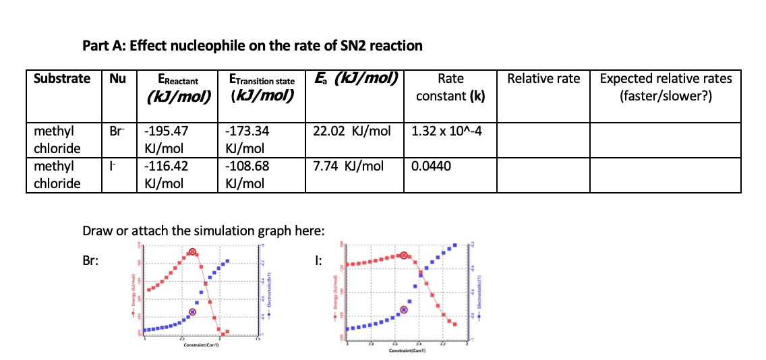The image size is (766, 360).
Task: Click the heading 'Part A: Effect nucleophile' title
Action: click(252, 46)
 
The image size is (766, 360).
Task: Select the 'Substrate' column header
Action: click(62, 78)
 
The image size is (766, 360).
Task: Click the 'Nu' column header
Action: click(118, 78)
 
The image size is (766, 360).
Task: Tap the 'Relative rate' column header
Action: click(543, 78)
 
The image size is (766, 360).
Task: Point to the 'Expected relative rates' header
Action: click(666, 86)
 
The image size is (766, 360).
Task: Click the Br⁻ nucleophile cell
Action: click(117, 130)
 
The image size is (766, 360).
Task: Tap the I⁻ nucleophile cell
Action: click(116, 166)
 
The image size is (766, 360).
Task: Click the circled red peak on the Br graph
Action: click(193, 252)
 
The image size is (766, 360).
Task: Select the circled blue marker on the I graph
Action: click(404, 309)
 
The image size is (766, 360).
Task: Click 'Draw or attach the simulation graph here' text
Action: click(203, 231)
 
